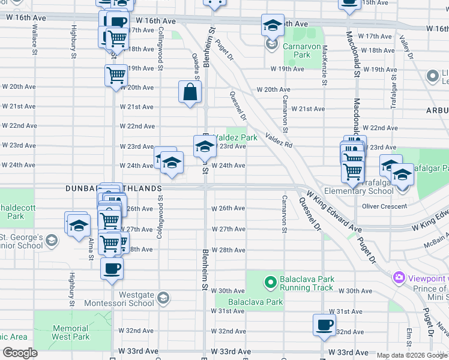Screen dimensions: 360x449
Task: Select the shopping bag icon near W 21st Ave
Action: click(190, 92)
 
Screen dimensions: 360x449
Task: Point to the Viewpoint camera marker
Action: click(398, 278)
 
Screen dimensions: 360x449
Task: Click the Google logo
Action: click(20, 353)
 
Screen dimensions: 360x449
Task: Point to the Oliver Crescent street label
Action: click(385, 206)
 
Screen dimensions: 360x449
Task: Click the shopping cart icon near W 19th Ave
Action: click(115, 76)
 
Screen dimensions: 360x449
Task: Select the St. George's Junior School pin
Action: click(52, 241)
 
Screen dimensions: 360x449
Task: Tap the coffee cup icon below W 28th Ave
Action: click(112, 268)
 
